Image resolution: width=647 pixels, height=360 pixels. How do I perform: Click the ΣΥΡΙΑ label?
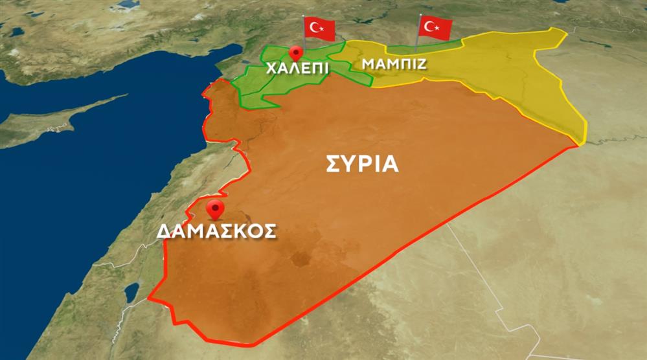pos(362,163)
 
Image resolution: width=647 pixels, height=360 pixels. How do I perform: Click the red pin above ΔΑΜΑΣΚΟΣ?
pos(214,209)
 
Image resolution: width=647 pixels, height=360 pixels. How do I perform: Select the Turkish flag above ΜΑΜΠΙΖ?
pos(435,27)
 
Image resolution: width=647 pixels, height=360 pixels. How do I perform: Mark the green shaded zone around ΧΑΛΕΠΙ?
pos(266,87)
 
